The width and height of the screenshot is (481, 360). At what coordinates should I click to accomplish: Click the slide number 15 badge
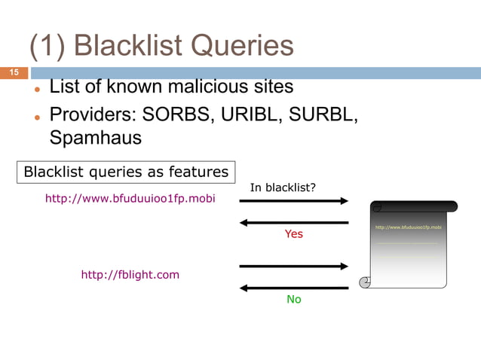pos(14,72)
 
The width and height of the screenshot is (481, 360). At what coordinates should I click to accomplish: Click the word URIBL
pos(250,115)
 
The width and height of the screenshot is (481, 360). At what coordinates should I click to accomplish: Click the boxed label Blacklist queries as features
pos(126,172)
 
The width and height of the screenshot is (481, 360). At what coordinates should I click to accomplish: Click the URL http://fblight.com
pos(130,274)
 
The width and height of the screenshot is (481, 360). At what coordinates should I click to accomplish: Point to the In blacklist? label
pos(283,188)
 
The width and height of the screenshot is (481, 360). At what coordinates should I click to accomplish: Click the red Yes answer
pos(293,234)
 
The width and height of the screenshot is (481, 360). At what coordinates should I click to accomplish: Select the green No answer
pos(293,299)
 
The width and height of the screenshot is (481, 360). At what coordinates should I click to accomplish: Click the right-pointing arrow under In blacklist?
pos(294,201)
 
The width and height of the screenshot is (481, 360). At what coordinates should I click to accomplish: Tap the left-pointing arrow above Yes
pos(294,222)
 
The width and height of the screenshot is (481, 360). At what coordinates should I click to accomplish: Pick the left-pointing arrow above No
pos(294,288)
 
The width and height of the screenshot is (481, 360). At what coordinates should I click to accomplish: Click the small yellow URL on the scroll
pos(408,227)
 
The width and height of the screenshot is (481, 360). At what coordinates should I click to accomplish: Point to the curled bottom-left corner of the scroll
pos(366,282)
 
